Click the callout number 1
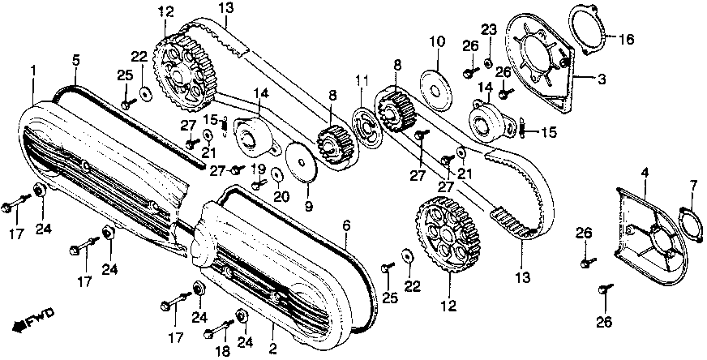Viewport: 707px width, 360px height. tap(33, 72)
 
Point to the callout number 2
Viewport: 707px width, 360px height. tap(272, 349)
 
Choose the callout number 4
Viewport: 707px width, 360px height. tap(645, 172)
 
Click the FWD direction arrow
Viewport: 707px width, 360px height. tap(26, 324)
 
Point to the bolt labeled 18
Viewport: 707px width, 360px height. tap(216, 332)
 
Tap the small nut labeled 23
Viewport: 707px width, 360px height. tap(488, 62)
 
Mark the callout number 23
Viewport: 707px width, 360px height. tap(488, 31)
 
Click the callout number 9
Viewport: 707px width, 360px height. tap(309, 207)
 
